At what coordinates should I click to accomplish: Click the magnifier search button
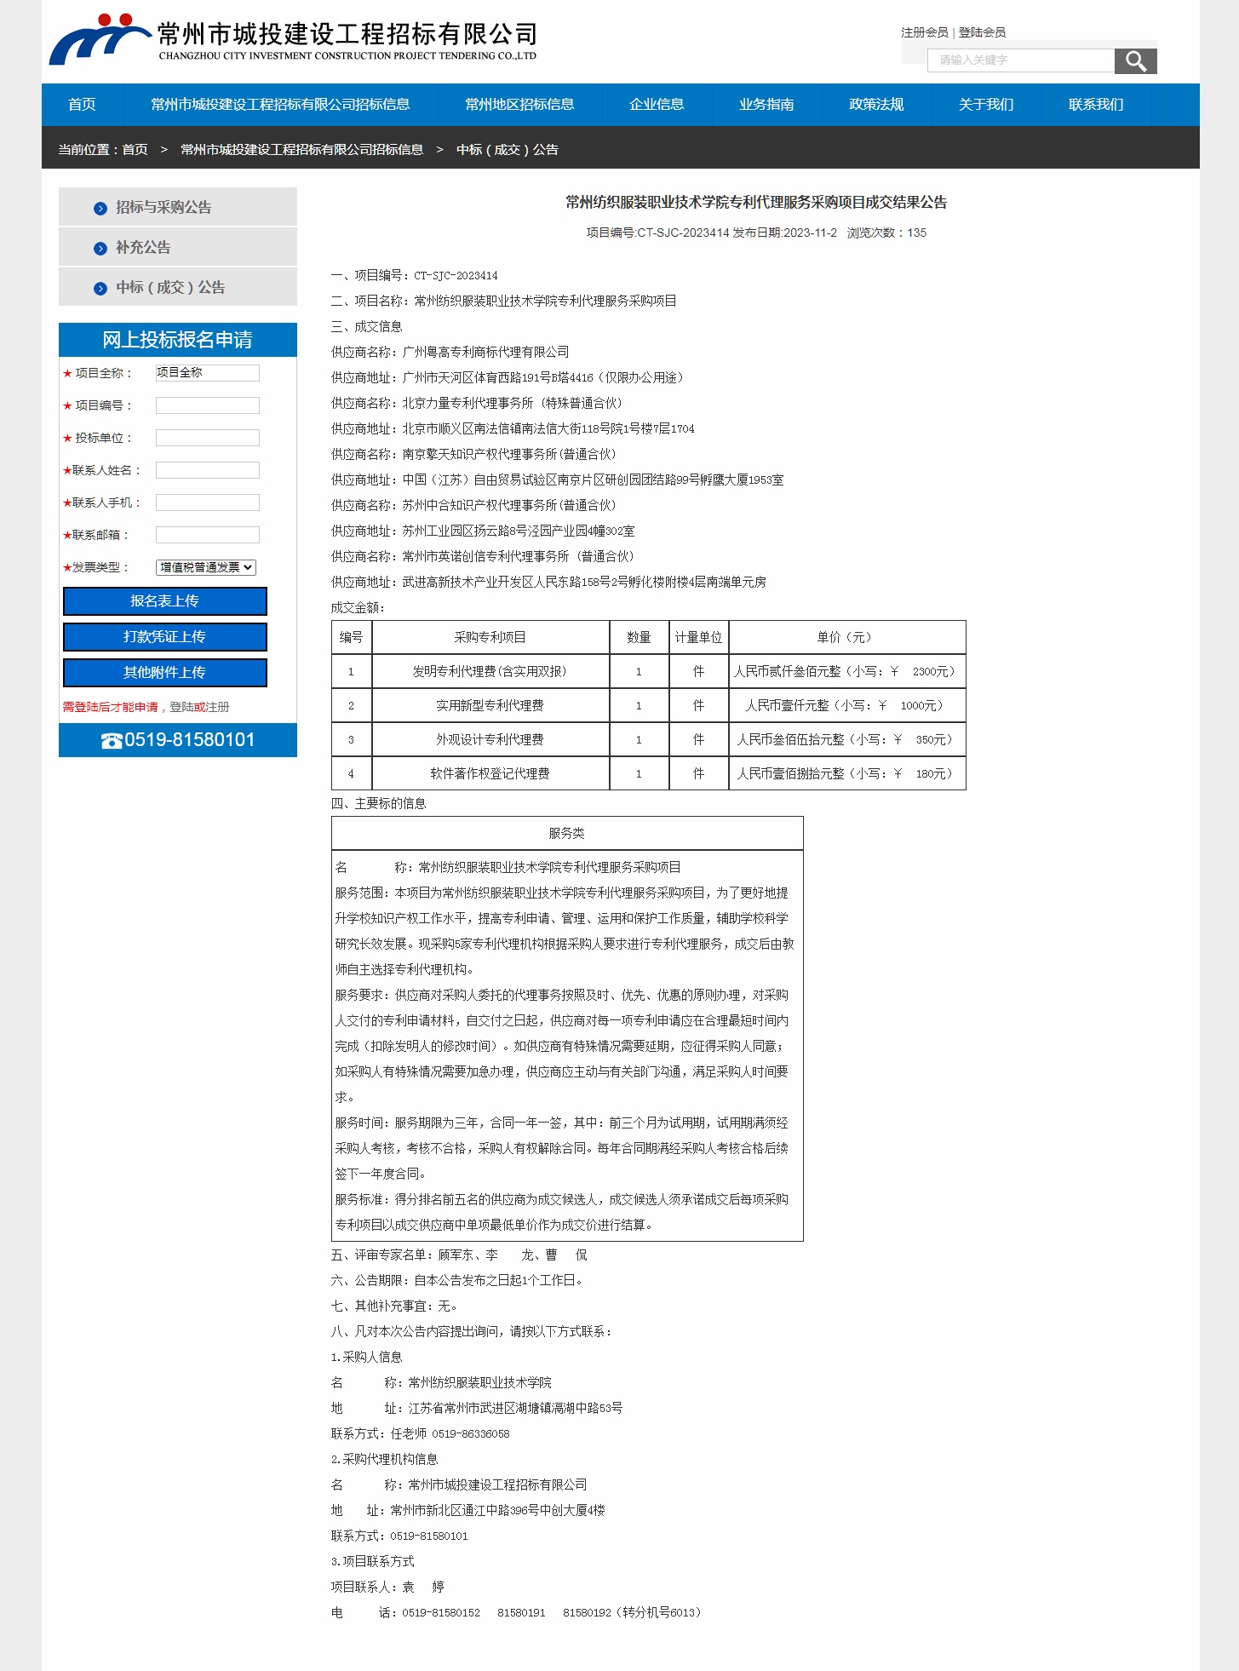pyautogui.click(x=1135, y=61)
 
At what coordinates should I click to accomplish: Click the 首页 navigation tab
pyautogui.click(x=83, y=105)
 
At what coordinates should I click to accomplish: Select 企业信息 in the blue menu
pyautogui.click(x=657, y=105)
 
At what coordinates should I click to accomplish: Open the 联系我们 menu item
pyautogui.click(x=1096, y=105)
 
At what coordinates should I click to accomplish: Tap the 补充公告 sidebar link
pyautogui.click(x=143, y=248)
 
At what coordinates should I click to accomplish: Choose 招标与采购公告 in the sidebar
pyautogui.click(x=163, y=208)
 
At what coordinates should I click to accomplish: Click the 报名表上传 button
pyautogui.click(x=164, y=601)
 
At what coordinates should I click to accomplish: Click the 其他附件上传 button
pyautogui.click(x=164, y=673)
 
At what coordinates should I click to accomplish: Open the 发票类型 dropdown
pyautogui.click(x=206, y=567)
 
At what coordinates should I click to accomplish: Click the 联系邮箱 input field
pyautogui.click(x=207, y=535)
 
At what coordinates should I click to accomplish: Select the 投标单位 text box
pyautogui.click(x=207, y=438)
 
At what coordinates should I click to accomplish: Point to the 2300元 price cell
pyautogui.click(x=846, y=672)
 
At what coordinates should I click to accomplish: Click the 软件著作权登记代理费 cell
pyautogui.click(x=490, y=774)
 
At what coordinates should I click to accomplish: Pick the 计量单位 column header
pyautogui.click(x=698, y=638)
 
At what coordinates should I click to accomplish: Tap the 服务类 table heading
pyautogui.click(x=566, y=834)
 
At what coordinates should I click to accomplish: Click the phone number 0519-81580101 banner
pyautogui.click(x=178, y=740)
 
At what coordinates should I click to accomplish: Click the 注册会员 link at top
pyautogui.click(x=924, y=32)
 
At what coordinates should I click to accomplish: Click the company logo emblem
pyautogui.click(x=98, y=39)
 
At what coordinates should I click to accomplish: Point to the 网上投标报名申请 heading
pyautogui.click(x=177, y=340)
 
